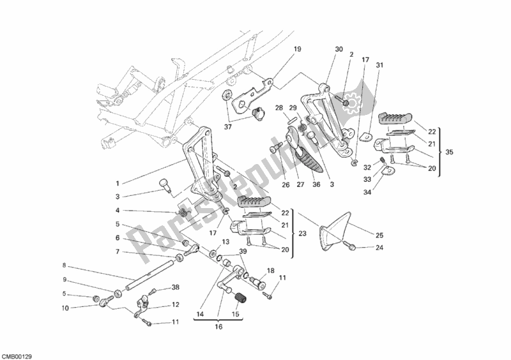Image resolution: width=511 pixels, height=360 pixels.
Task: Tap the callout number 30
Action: (339, 49)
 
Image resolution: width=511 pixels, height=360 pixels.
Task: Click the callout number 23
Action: (303, 234)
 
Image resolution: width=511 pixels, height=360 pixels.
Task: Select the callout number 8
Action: (65, 265)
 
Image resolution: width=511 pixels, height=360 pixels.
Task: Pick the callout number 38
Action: (175, 287)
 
